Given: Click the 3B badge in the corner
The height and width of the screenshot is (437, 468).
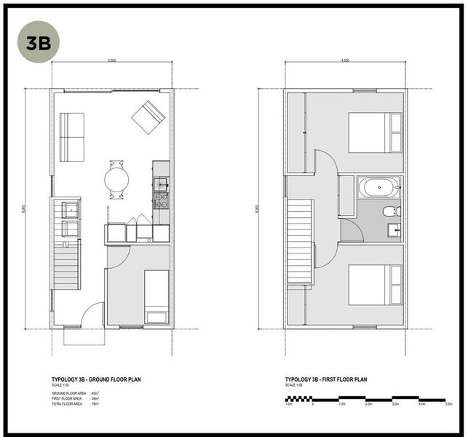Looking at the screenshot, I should click(x=39, y=42).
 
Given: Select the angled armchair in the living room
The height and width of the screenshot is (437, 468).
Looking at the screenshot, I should click(x=148, y=117).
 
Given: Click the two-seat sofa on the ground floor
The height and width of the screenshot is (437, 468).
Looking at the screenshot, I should click(x=72, y=137).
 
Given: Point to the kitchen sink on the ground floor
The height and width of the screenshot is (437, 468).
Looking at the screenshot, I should click(x=162, y=184).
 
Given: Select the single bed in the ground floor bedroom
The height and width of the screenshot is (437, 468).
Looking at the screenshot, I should click(x=156, y=296).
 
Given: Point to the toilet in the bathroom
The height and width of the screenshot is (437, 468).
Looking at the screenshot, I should click(x=391, y=212).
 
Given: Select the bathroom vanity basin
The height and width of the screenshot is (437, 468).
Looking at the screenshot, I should click(x=394, y=232).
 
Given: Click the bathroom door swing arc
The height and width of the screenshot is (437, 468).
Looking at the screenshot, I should click(x=351, y=232).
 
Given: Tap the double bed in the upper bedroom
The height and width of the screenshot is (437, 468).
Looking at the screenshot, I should click(x=375, y=132).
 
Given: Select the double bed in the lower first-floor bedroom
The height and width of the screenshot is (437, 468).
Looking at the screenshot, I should click(x=375, y=285).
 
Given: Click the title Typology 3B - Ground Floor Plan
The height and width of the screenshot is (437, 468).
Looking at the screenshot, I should click(x=95, y=380).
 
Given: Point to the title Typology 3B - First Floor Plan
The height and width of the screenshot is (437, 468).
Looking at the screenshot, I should click(x=326, y=380).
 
